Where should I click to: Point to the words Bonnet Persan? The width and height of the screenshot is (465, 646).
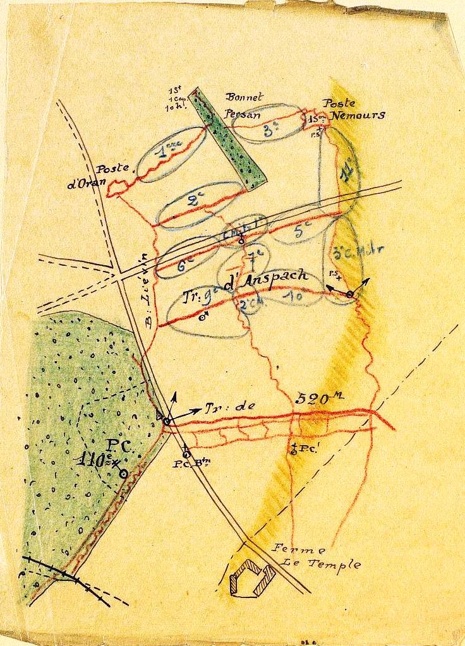point(244,106)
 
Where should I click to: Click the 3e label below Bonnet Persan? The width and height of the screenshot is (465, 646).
point(272,131)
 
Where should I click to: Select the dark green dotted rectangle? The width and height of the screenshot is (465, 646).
point(231,138)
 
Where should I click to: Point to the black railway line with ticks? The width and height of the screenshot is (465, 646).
point(63,573)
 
